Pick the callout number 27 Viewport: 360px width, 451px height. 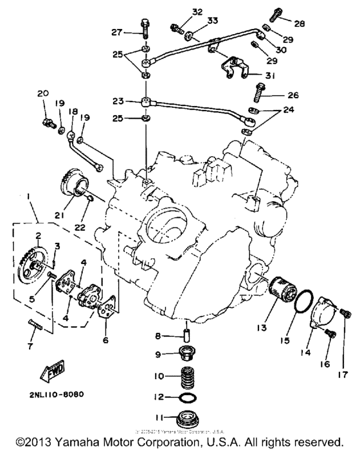pyautogui.click(x=117, y=32)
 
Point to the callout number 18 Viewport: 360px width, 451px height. pyautogui.click(x=72, y=111)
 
